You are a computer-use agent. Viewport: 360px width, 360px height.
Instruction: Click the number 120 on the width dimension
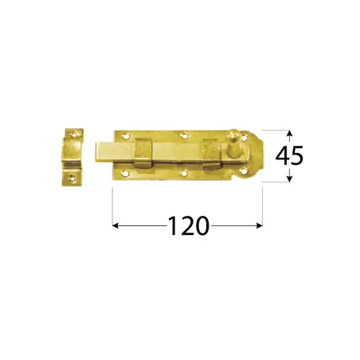click(x=188, y=227)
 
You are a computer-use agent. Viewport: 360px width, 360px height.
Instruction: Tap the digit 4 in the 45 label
click(x=281, y=156)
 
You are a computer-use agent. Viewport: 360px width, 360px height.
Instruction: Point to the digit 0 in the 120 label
click(x=202, y=227)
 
